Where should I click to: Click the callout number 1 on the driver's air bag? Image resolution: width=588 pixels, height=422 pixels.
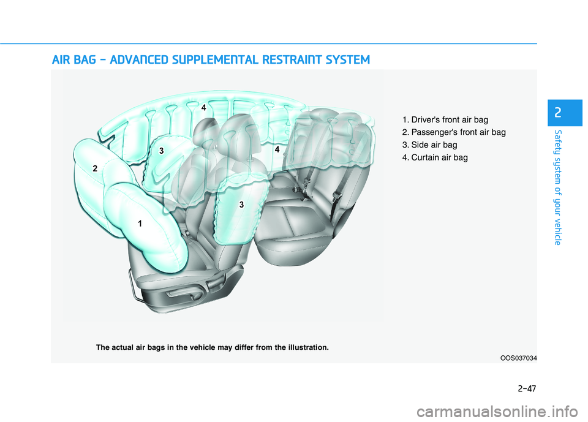click(x=140, y=224)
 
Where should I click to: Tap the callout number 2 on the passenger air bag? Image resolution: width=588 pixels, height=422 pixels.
click(x=95, y=168)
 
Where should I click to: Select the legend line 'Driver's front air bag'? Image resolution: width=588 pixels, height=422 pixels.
click(x=445, y=119)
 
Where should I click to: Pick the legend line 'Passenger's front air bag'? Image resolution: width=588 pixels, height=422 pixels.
click(x=454, y=132)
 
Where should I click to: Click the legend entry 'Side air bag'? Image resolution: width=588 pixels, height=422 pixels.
click(x=430, y=145)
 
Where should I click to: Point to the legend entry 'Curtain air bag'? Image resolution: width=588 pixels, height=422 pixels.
click(x=435, y=157)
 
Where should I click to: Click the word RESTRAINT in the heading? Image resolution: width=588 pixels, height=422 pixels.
click(x=292, y=60)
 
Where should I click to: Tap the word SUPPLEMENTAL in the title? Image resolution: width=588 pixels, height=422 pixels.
click(x=215, y=60)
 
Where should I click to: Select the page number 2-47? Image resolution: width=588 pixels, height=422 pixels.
click(x=527, y=388)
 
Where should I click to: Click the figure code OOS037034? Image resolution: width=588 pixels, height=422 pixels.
click(x=519, y=358)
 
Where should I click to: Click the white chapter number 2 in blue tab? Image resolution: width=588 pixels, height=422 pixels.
click(x=558, y=113)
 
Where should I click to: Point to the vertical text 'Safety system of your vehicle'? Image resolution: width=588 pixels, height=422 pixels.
click(x=558, y=187)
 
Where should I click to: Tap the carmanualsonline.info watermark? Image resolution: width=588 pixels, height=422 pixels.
click(x=497, y=412)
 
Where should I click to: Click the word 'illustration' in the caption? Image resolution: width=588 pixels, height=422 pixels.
click(x=307, y=347)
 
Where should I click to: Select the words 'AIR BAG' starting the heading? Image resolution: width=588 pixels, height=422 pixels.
click(x=74, y=60)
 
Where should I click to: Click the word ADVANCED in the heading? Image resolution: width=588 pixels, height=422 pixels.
click(x=139, y=60)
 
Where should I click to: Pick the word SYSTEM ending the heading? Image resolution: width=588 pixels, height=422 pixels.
click(x=348, y=60)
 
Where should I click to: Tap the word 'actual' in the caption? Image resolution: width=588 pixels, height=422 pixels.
click(x=123, y=347)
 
